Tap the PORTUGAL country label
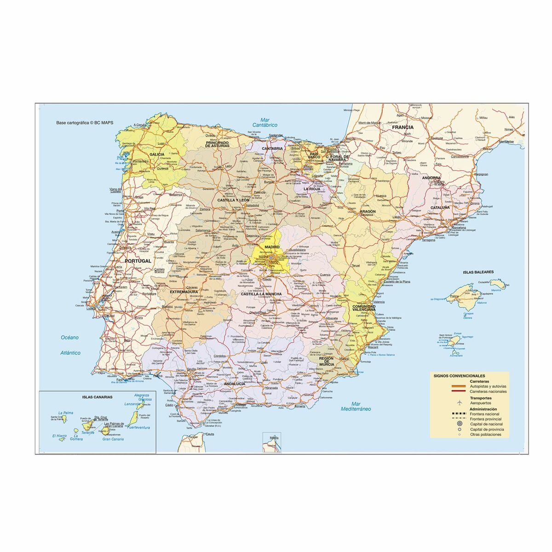(138, 261)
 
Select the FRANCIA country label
(403, 127)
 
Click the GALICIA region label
(157, 155)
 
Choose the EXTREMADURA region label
(184, 292)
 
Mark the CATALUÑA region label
(440, 207)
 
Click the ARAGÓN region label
(368, 211)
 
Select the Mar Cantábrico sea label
(265, 122)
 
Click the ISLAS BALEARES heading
(478, 272)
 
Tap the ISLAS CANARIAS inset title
(97, 396)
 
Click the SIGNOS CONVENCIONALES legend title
(459, 375)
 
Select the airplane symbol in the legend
(459, 402)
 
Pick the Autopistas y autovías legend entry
(488, 386)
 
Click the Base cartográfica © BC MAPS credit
(85, 123)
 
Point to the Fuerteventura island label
(138, 427)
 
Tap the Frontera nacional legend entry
(484, 414)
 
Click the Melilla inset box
(271, 443)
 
